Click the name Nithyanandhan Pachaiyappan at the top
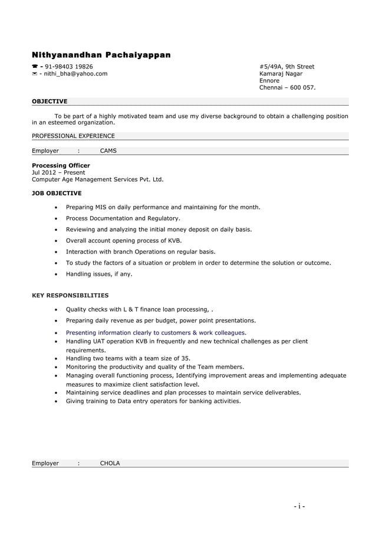(101, 55)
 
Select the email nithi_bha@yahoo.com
(73, 74)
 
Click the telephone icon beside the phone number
(34, 67)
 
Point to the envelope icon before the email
(34, 74)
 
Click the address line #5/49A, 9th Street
(286, 67)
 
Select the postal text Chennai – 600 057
(287, 88)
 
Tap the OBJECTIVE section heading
(50, 102)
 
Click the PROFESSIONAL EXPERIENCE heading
(73, 136)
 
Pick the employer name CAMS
(108, 151)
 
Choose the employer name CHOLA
(110, 463)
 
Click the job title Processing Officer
(61, 165)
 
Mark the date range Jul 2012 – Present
(58, 172)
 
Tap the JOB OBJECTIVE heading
(57, 193)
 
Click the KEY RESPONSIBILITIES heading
(70, 295)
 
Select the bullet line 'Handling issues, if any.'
(99, 274)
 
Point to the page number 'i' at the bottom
(300, 506)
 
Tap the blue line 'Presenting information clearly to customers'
(156, 332)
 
